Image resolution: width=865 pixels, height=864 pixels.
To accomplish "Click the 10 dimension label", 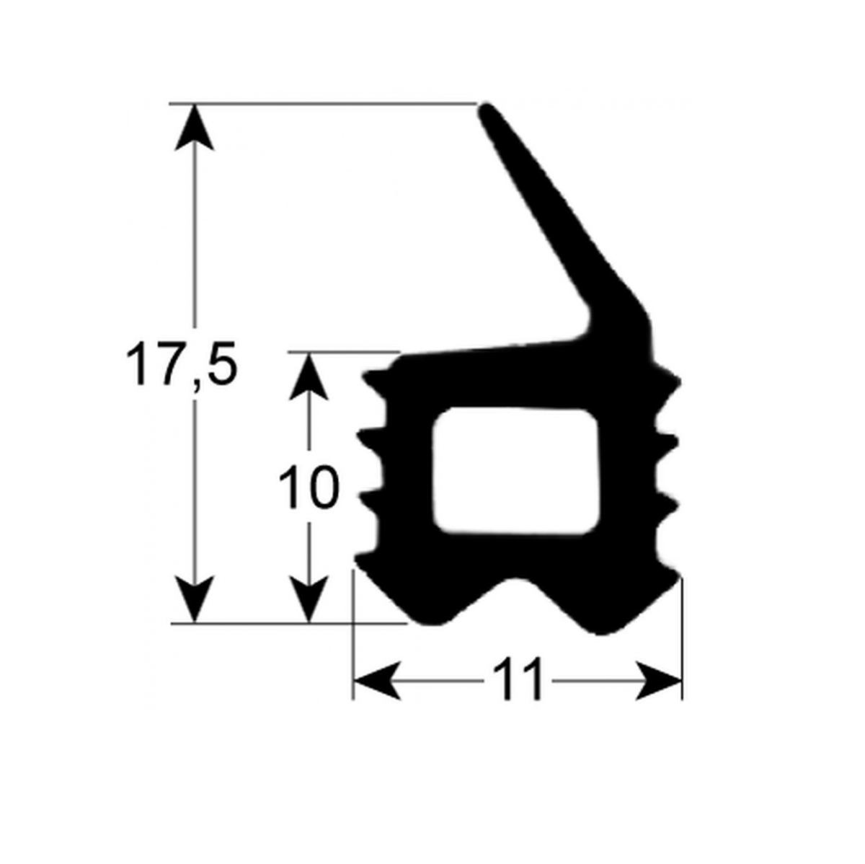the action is (x=308, y=487).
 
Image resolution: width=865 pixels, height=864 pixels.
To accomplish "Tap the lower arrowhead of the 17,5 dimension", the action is (x=194, y=600).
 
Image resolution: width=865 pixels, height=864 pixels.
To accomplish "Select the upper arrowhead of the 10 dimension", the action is (x=308, y=376).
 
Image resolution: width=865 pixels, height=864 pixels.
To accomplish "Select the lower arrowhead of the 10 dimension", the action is (x=308, y=600).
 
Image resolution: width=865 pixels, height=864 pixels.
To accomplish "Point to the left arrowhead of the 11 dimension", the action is (x=377, y=681).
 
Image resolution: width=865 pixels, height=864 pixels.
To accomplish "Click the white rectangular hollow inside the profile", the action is (x=515, y=472).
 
